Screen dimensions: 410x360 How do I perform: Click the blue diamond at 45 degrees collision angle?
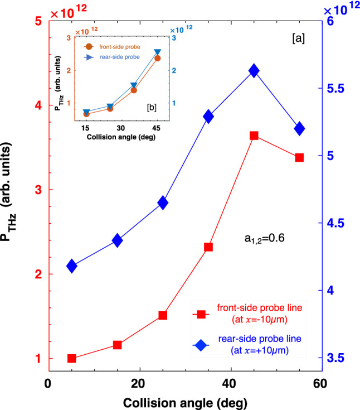click(x=254, y=70)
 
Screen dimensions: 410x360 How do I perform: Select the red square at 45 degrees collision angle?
click(x=254, y=136)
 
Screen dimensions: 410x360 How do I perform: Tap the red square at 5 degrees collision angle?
click(x=71, y=358)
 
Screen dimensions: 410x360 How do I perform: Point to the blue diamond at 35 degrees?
click(x=208, y=116)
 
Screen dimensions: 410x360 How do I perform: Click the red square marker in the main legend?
click(x=200, y=315)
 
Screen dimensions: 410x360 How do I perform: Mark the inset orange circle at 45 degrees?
click(x=157, y=58)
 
